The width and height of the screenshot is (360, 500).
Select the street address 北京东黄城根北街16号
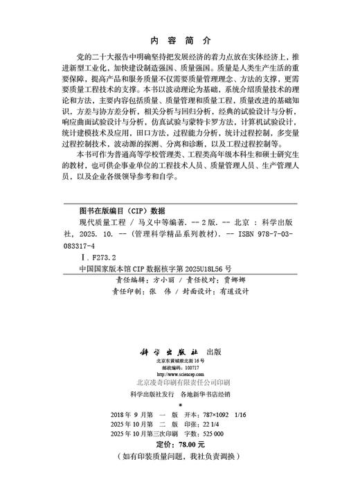[179, 361]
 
